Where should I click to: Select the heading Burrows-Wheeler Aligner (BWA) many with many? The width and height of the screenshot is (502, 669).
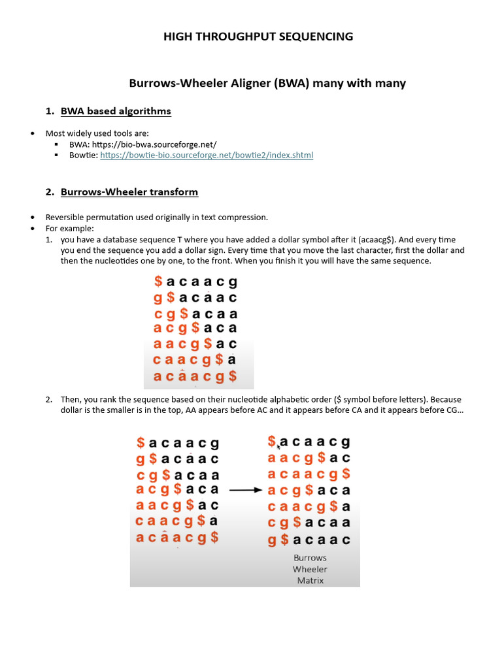pos(267,83)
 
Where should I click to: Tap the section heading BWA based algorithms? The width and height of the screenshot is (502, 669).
pos(116,111)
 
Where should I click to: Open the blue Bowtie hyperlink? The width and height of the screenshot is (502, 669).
pos(207,155)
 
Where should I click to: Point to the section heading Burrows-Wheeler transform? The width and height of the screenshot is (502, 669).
pos(129,192)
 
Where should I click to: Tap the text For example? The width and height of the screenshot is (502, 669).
pos(70,228)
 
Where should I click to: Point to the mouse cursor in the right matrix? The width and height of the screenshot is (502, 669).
pos(279,447)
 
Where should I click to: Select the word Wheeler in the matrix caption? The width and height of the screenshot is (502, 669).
pos(310,569)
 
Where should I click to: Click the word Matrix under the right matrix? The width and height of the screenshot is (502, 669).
pos(310,580)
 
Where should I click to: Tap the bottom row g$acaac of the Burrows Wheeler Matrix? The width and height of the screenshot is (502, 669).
pos(309,540)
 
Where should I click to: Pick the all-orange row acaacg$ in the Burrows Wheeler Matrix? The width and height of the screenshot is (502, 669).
pos(309,474)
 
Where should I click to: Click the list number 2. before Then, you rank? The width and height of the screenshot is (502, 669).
pos(49,399)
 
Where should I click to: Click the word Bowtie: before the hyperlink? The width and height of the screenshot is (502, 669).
pos(83,155)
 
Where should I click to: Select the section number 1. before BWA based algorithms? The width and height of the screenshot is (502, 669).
pos(50,111)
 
